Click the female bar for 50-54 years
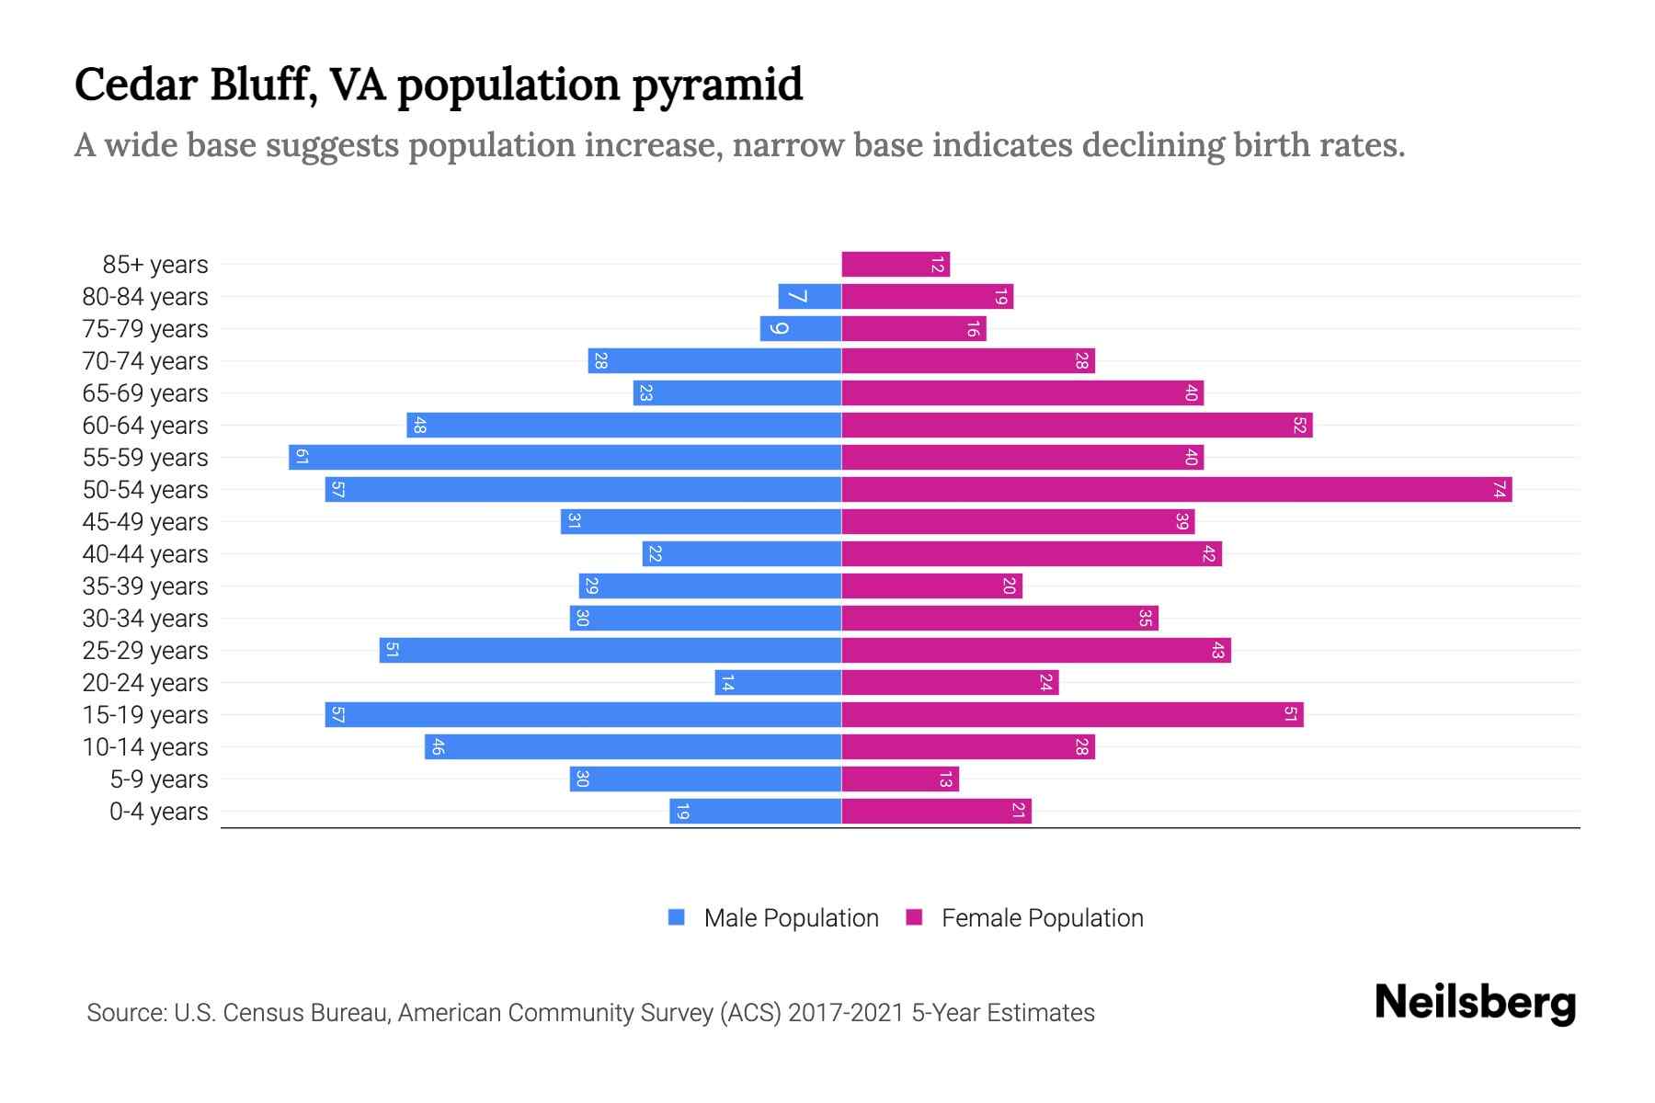tap(1177, 489)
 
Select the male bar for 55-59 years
tap(565, 457)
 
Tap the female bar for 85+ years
tap(896, 265)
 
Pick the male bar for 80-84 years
tap(810, 297)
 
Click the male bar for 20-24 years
tap(778, 683)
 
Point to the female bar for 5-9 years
tap(900, 779)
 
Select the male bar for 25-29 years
tap(611, 651)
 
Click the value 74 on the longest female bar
tap(1499, 490)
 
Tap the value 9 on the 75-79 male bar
tap(779, 329)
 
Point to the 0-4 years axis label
tap(158, 812)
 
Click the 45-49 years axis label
tap(145, 522)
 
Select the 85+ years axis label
tap(155, 265)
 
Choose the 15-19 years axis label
tap(145, 715)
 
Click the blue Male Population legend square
tap(677, 917)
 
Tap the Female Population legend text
tap(1042, 918)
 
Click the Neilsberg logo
tap(1475, 1003)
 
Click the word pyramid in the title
tap(717, 85)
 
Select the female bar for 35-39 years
tap(931, 586)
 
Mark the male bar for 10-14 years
tap(633, 747)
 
